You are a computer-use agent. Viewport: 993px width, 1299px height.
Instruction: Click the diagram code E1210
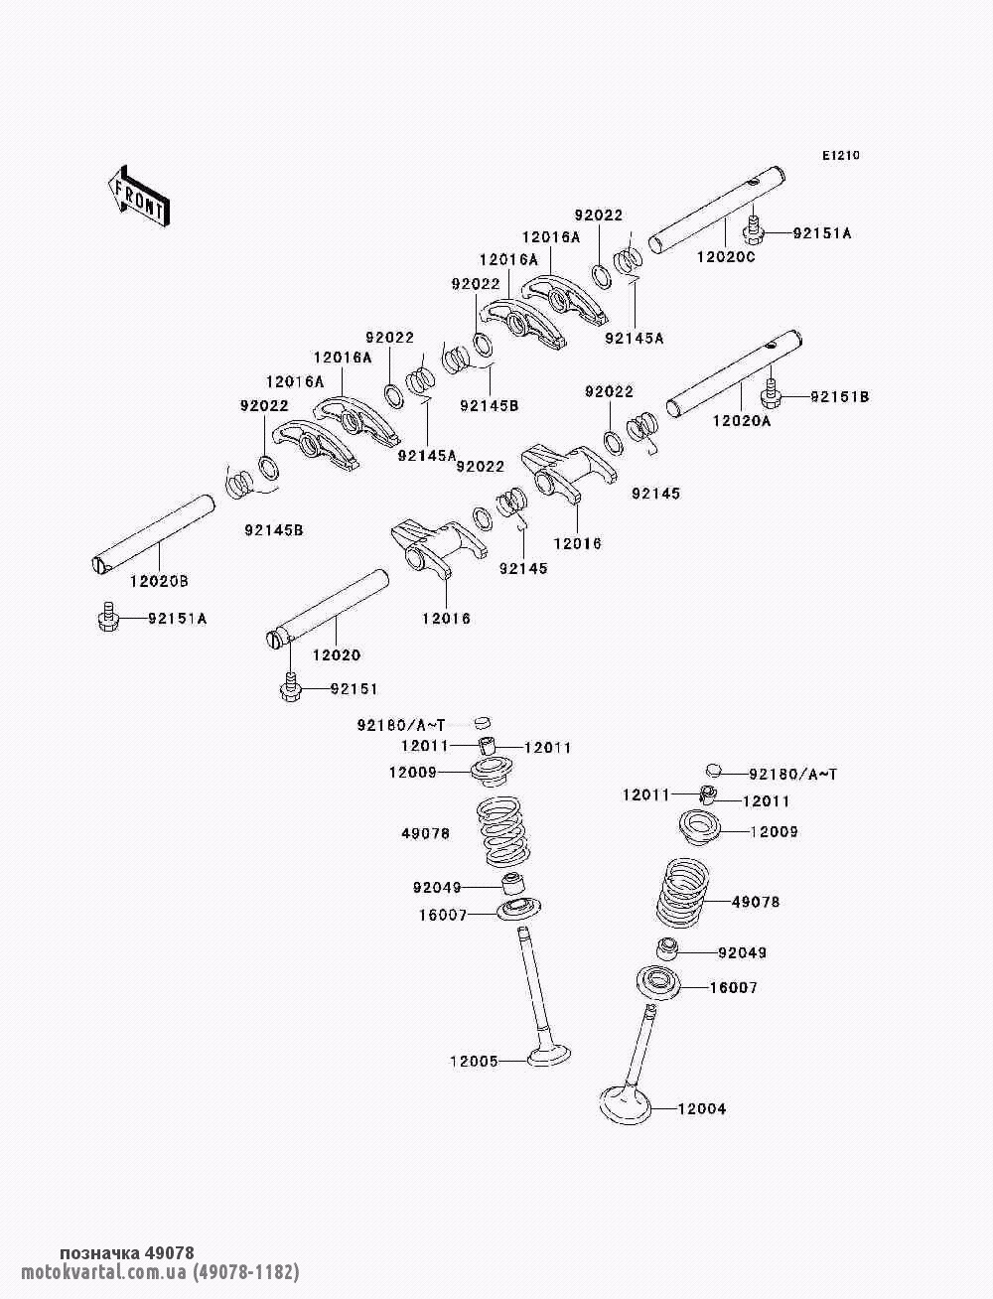(x=839, y=156)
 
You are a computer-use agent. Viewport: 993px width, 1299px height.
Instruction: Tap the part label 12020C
(x=725, y=257)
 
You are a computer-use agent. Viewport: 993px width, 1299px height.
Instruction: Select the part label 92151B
(x=839, y=397)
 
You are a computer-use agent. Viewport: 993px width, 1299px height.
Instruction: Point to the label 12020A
(x=742, y=421)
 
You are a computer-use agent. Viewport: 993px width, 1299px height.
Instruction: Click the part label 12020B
(x=158, y=579)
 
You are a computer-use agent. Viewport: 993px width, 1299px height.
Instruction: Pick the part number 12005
(x=474, y=1061)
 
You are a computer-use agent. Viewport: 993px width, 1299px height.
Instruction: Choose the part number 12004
(x=702, y=1108)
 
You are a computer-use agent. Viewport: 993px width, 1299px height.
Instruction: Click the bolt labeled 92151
(x=290, y=688)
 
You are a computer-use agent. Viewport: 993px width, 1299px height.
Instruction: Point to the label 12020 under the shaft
(x=337, y=655)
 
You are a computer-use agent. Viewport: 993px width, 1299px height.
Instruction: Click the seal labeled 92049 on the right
(x=669, y=948)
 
